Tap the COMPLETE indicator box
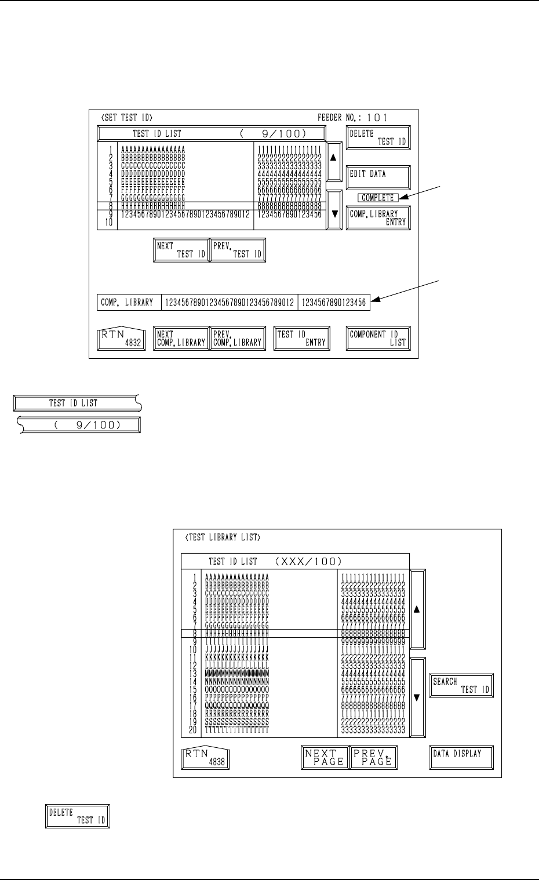click(x=377, y=198)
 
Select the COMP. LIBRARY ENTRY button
click(x=378, y=217)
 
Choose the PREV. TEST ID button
click(x=237, y=250)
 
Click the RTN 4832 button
click(x=121, y=339)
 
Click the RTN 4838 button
click(x=206, y=757)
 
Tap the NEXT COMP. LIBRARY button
click(x=180, y=339)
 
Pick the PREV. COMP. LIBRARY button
click(x=236, y=339)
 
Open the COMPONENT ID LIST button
click(x=378, y=339)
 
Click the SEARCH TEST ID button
click(x=461, y=686)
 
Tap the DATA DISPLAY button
click(x=461, y=757)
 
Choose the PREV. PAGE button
click(x=373, y=757)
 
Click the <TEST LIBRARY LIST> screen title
click(x=223, y=537)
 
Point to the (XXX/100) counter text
click(x=308, y=561)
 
